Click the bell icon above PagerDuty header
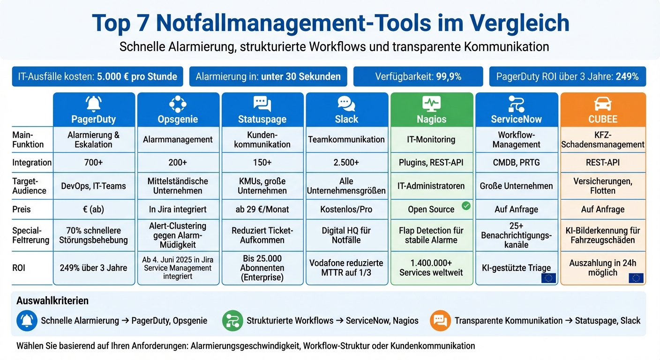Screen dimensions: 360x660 94,103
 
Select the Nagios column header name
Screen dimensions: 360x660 431,119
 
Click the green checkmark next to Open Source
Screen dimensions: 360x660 466,205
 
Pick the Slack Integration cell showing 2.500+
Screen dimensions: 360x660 346,163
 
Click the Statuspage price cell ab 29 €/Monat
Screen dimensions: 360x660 262,210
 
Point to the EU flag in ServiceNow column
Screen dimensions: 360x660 548,278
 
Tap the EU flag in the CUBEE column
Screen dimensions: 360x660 636,278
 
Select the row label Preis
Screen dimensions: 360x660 22,210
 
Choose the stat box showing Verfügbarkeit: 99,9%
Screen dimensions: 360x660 418,76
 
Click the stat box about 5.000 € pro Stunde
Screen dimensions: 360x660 97,76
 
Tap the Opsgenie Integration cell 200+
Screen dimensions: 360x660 178,163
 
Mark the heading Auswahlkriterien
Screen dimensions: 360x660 52,301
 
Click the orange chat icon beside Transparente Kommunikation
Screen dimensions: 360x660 440,321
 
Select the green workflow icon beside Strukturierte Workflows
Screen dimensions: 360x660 232,321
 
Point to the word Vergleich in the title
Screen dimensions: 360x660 519,22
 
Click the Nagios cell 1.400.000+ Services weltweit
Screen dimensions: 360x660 431,268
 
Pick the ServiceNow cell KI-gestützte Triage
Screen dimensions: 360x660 516,268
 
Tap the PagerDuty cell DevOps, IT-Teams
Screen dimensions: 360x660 93,186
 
